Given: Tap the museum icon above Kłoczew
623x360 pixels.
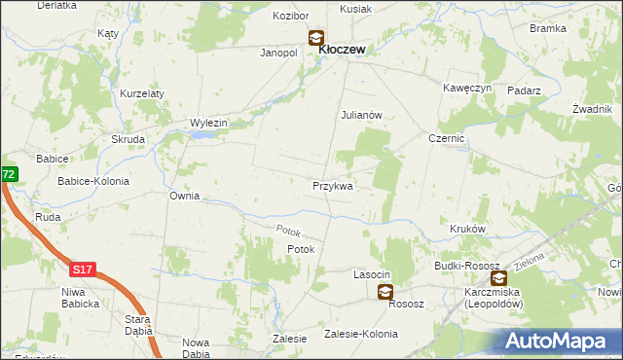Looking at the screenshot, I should coord(317,39).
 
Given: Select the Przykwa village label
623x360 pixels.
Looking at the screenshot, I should coord(333,185).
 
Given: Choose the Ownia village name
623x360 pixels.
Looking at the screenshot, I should coord(184,196).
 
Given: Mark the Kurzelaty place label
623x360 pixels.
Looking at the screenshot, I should coord(142,93).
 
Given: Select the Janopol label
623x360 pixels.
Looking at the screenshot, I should coord(277,53).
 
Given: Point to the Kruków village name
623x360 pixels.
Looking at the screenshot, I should coord(468,228).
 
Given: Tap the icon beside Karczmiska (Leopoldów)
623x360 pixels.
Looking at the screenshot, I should coord(498,278).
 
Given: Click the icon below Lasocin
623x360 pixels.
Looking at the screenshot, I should coord(385,291).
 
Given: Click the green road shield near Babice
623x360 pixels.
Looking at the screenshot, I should coord(8,174).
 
